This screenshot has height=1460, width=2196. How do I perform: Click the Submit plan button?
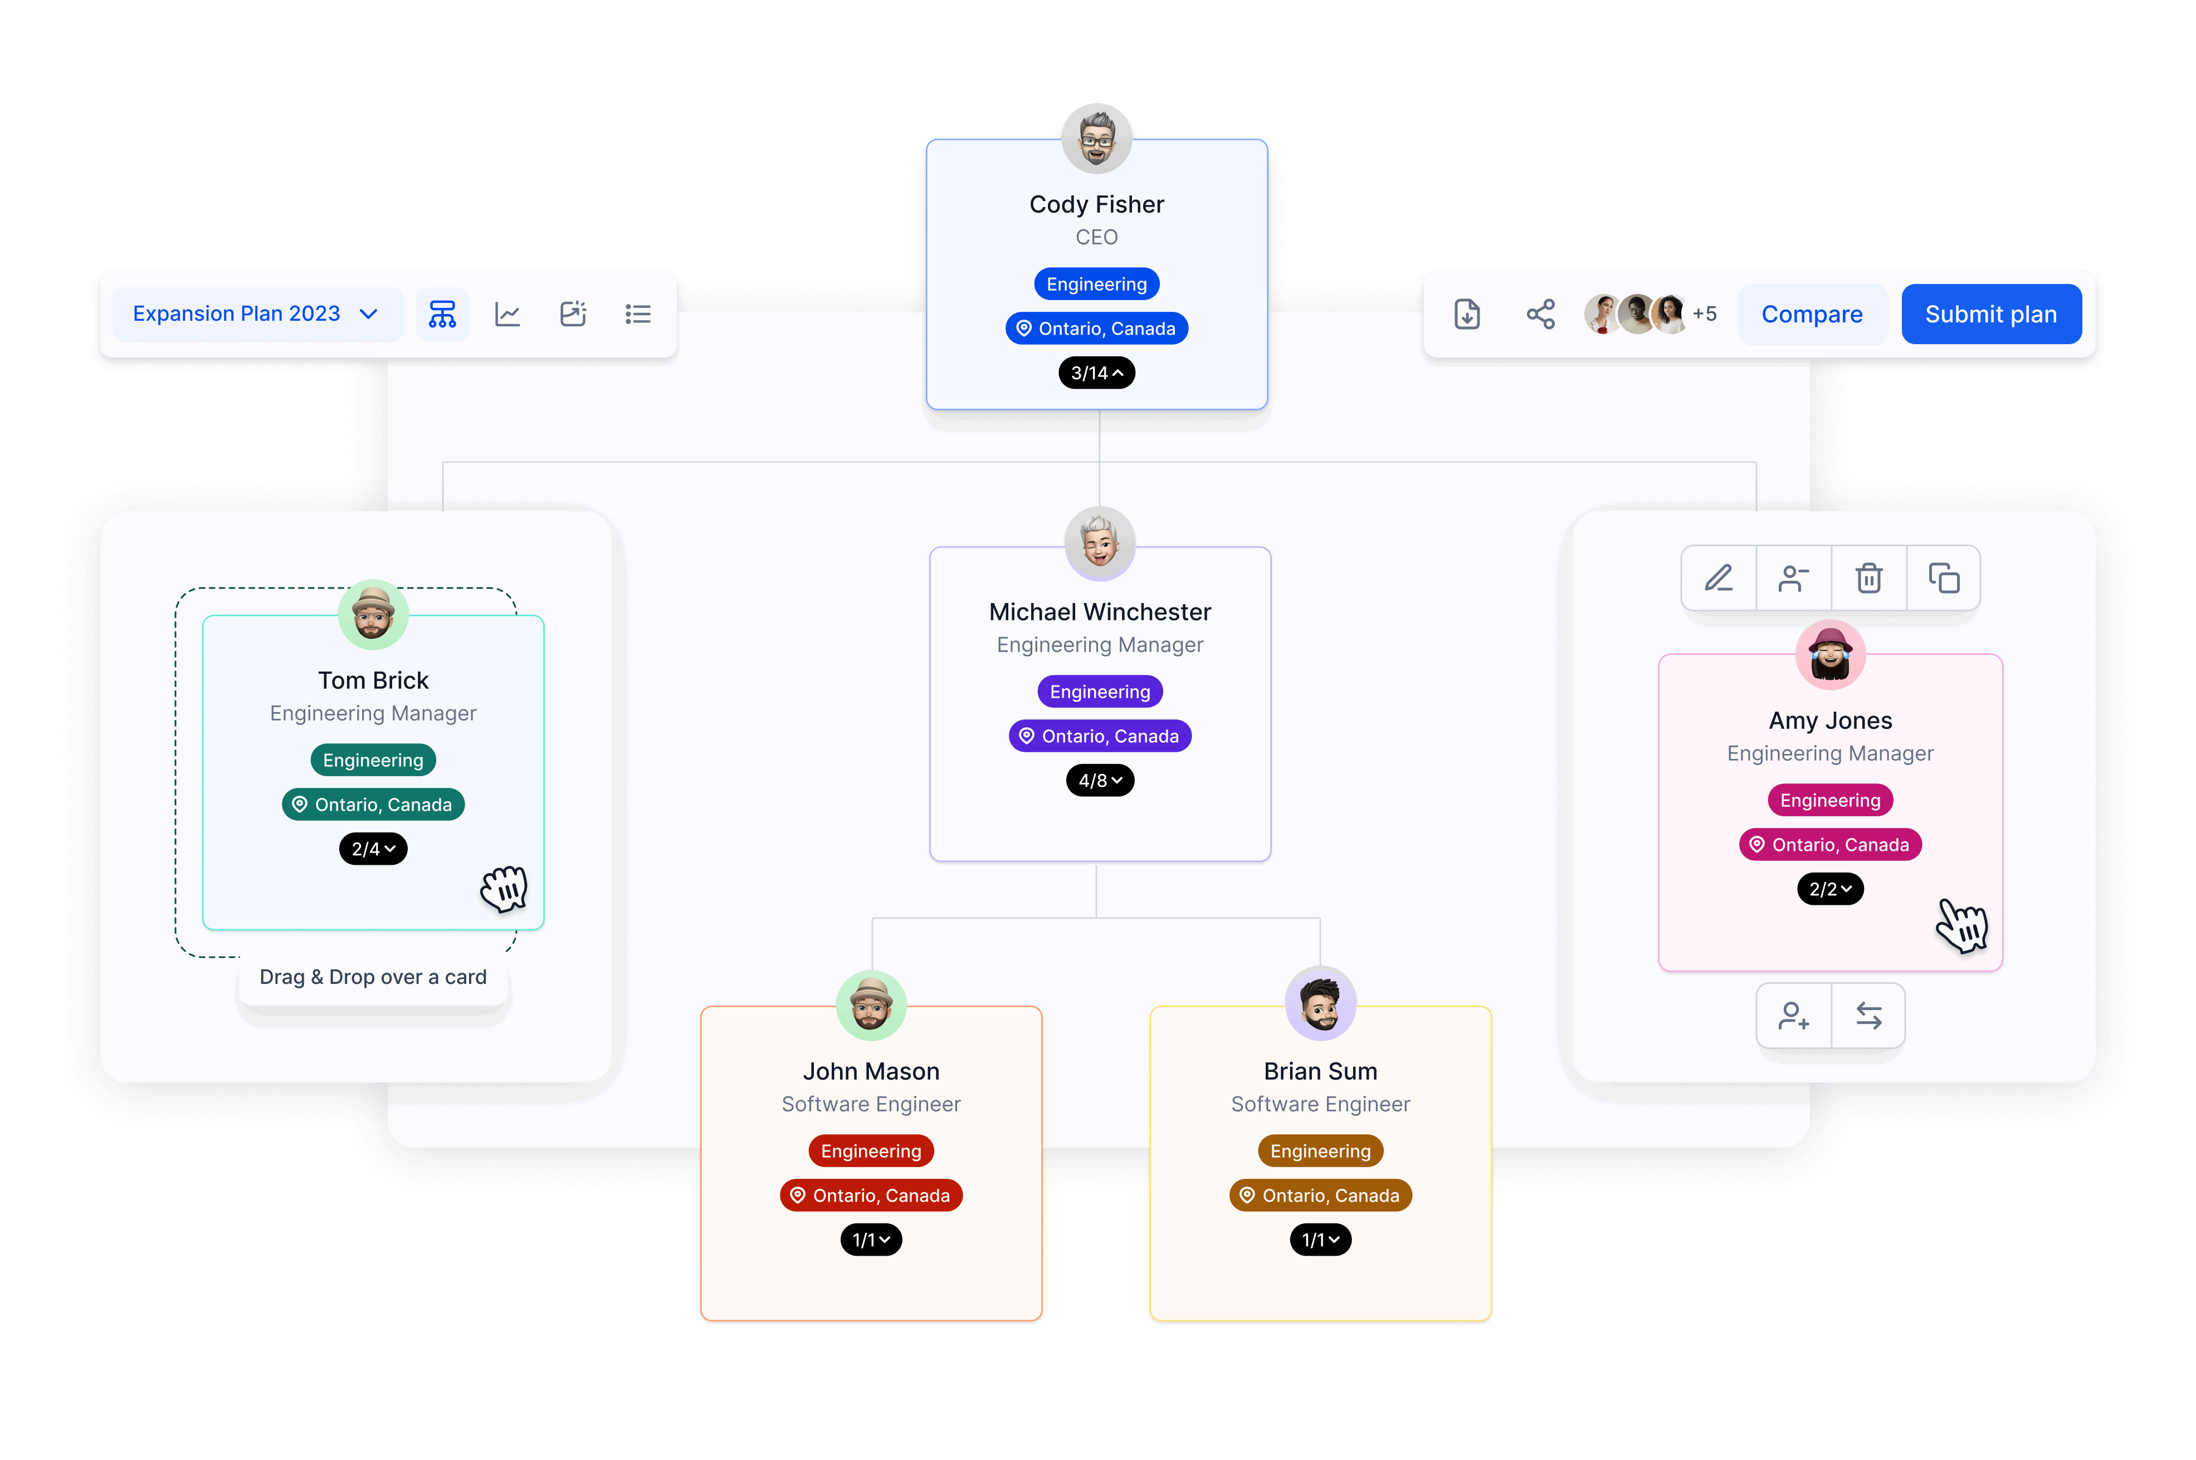pos(1990,314)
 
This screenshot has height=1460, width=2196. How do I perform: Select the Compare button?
pos(1812,314)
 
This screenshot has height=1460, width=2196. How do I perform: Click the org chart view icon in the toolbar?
pos(442,314)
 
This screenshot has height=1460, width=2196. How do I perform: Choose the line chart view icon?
pos(507,314)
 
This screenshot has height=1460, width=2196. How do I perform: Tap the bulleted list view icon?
pos(638,314)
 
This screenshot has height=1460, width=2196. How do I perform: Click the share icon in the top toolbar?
pos(1540,314)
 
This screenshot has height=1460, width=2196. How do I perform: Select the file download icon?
pos(1467,314)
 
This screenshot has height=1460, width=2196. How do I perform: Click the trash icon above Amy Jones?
pos(1868,578)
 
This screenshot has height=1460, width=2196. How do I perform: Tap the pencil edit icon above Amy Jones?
pos(1718,578)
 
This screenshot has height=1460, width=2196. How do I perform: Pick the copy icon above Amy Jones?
pos(1944,578)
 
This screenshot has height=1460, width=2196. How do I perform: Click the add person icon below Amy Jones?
pos(1794,1015)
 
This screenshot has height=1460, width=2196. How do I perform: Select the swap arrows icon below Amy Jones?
pos(1868,1015)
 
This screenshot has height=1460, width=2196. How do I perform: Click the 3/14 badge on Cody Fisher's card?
pos(1097,373)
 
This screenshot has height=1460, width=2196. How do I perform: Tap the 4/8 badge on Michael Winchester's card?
pos(1100,780)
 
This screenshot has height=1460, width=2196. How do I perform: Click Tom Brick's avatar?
pos(373,615)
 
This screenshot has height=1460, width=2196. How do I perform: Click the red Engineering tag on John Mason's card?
pos(871,1151)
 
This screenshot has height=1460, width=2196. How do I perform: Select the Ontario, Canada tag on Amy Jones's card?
pos(1830,845)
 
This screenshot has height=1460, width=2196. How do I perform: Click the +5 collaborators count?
pos(1704,314)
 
